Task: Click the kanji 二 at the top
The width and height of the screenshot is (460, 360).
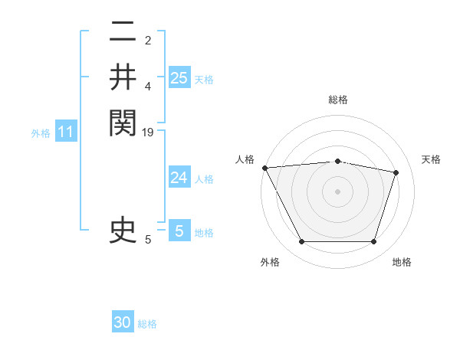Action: pyautogui.click(x=123, y=32)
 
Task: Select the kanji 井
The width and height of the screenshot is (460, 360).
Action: pyautogui.click(x=123, y=77)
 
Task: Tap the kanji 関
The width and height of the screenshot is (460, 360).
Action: pyautogui.click(x=123, y=123)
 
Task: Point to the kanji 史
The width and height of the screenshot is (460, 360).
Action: pyautogui.click(x=123, y=231)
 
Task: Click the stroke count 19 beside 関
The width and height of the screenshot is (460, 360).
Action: pyautogui.click(x=149, y=133)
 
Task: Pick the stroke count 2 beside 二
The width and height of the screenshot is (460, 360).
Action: pyautogui.click(x=148, y=41)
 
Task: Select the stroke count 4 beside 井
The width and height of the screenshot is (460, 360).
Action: pyautogui.click(x=148, y=87)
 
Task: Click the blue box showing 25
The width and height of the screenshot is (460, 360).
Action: pyautogui.click(x=179, y=77)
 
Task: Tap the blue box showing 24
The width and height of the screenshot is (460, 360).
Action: pyautogui.click(x=179, y=178)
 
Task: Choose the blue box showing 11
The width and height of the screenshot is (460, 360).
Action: pyautogui.click(x=66, y=133)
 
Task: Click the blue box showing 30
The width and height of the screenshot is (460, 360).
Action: pyautogui.click(x=123, y=322)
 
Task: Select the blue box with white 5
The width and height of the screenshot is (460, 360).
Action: pyautogui.click(x=179, y=231)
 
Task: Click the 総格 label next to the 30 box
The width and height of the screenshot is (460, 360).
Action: pyautogui.click(x=148, y=324)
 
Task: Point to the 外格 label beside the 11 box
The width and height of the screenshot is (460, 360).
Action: pyautogui.click(x=41, y=133)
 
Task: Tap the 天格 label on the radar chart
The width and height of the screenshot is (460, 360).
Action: pyautogui.click(x=432, y=159)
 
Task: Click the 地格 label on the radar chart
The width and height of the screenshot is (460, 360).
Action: pyautogui.click(x=402, y=262)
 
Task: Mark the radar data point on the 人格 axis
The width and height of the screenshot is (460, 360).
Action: pyautogui.click(x=264, y=168)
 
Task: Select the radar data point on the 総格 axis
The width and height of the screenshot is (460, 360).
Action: pyautogui.click(x=337, y=161)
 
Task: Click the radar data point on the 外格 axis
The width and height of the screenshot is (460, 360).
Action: pyautogui.click(x=301, y=242)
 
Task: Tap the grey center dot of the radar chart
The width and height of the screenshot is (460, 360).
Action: pyautogui.click(x=337, y=191)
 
